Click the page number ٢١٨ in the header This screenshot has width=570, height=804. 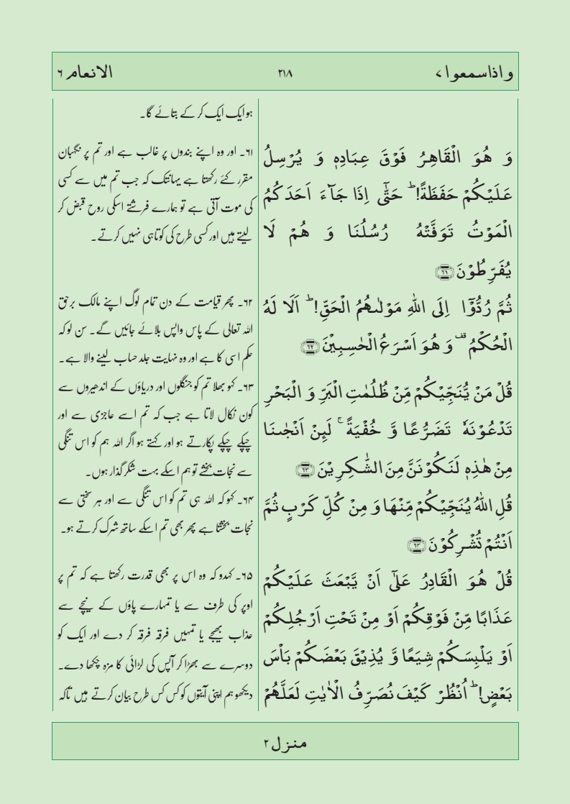point(285,72)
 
